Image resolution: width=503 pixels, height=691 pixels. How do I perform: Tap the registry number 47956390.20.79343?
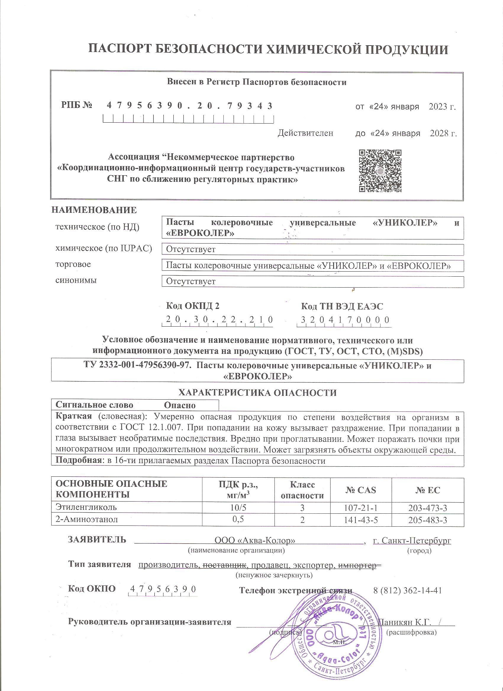(189, 106)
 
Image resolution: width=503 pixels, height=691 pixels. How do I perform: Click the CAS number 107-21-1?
(361, 507)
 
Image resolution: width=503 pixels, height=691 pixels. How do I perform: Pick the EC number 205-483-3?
(427, 520)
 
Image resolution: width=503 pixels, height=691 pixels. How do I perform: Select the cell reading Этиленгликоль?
(86, 507)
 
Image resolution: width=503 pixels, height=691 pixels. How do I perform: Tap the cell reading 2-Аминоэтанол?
(87, 520)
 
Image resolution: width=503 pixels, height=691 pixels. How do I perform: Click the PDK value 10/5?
(238, 507)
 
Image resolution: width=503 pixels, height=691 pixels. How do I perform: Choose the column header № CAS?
(361, 490)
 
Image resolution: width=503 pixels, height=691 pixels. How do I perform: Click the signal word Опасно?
(180, 405)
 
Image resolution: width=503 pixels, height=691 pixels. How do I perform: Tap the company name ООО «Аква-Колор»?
(255, 541)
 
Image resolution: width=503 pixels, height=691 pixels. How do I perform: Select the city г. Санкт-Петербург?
(412, 541)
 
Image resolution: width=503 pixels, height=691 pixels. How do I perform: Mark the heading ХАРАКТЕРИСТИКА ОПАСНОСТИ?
(257, 392)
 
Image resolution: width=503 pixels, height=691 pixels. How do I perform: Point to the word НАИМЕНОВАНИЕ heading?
(94, 210)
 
